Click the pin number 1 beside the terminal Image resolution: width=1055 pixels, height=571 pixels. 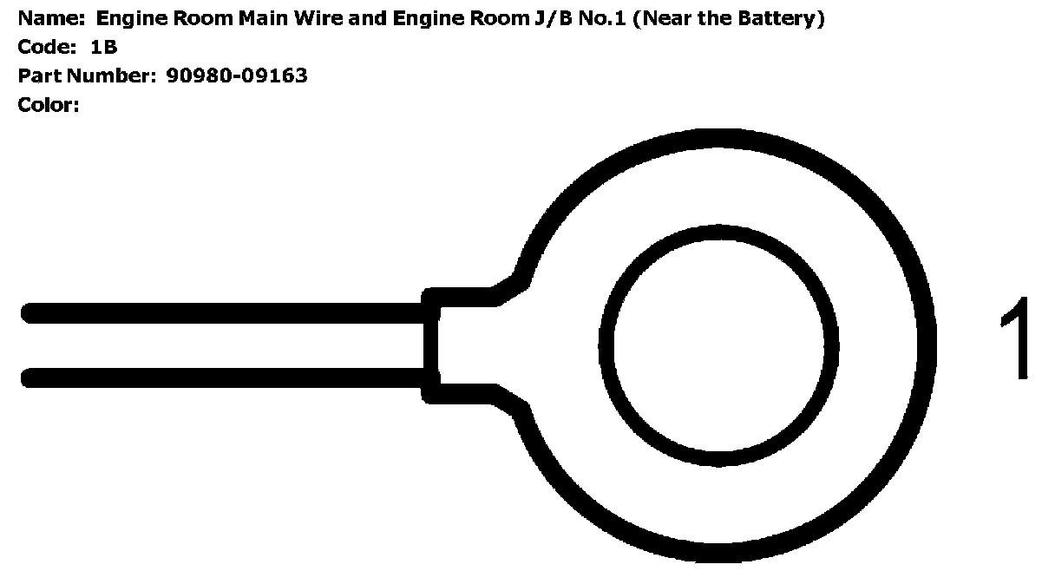pyautogui.click(x=1015, y=339)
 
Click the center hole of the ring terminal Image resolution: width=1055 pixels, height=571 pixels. pyautogui.click(x=718, y=345)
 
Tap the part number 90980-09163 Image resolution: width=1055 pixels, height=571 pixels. pyautogui.click(x=236, y=75)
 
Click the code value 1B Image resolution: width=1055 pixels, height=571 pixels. pyautogui.click(x=104, y=47)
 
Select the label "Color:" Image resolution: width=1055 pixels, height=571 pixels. pyautogui.click(x=49, y=106)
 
